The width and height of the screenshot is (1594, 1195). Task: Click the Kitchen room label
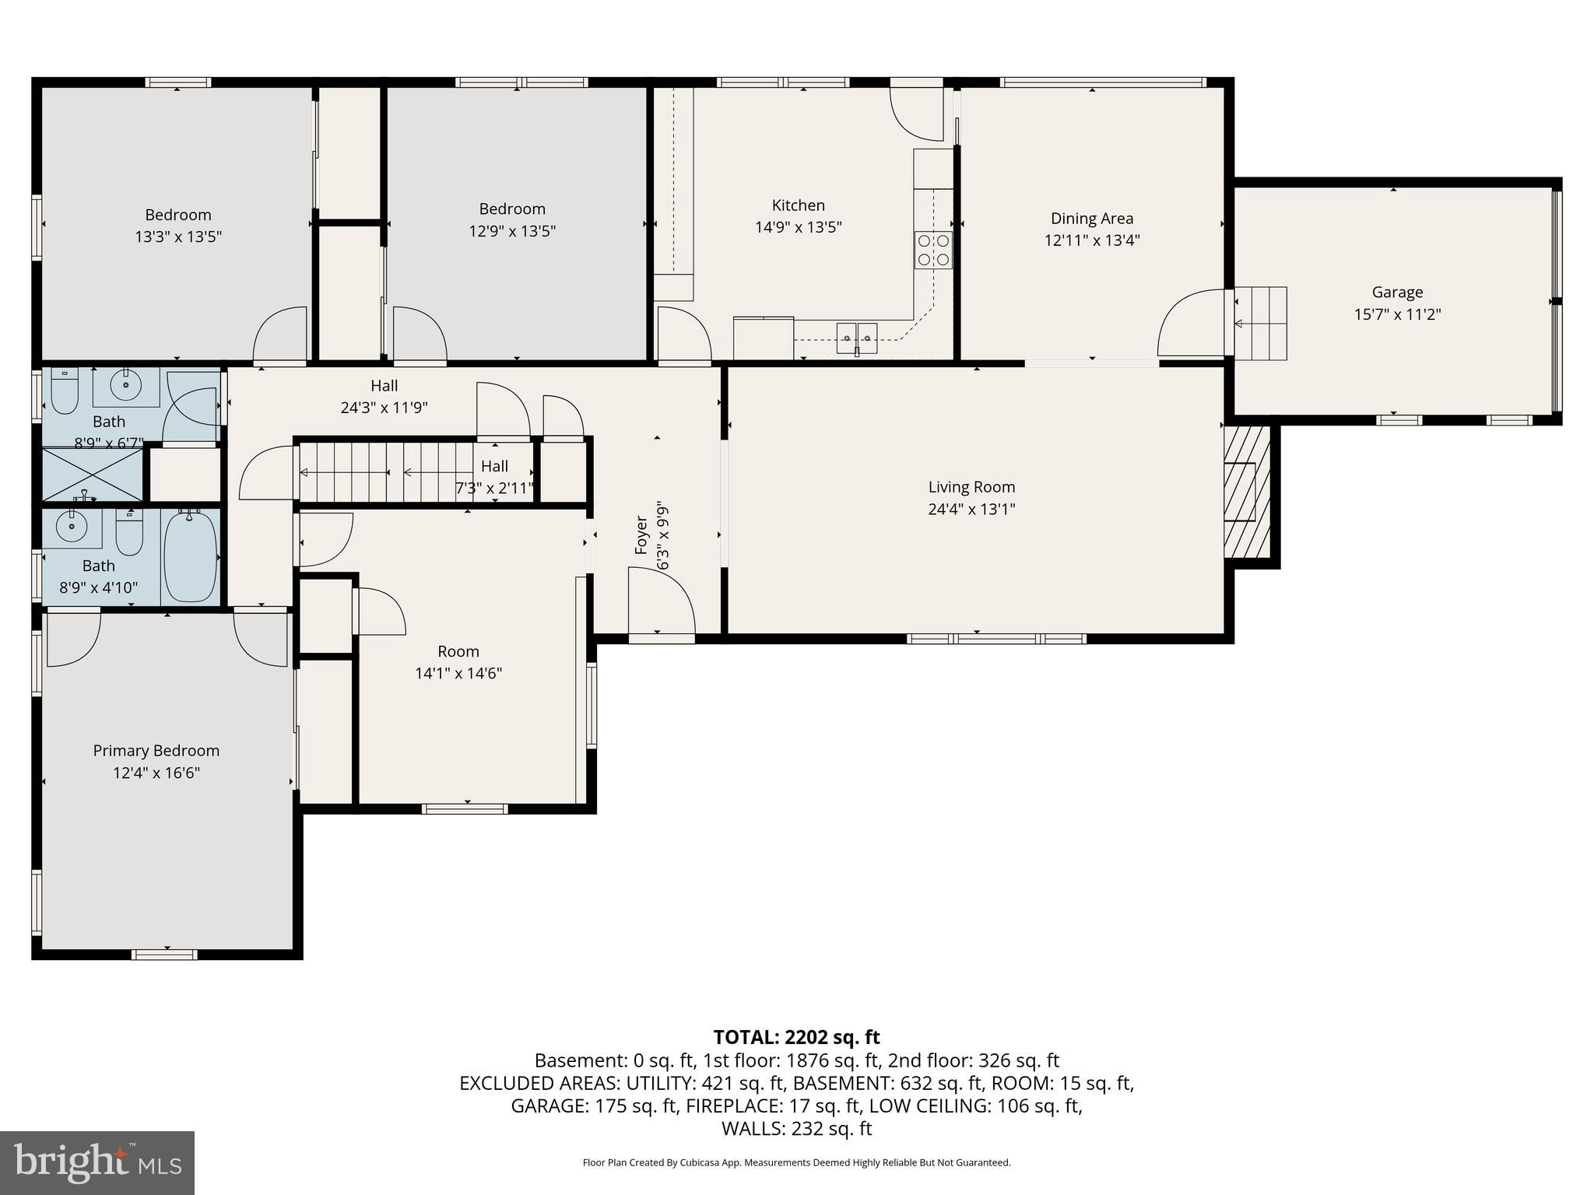pos(798,205)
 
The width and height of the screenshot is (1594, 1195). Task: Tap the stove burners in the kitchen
pos(933,250)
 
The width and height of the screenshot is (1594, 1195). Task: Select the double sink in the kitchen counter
pos(857,337)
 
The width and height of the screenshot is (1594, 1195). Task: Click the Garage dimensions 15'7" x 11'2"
pos(1397,314)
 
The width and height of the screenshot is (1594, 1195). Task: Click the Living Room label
pos(971,487)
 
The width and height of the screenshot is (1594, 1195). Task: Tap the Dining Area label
pos(1091,219)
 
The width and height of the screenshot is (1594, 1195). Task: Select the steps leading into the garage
pos(1260,323)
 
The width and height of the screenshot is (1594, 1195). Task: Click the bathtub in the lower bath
pos(191,555)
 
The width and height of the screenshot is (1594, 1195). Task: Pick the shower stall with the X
pos(93,474)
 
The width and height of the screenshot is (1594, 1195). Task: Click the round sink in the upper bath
pos(125,384)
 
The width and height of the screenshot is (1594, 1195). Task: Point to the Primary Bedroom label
pos(156,751)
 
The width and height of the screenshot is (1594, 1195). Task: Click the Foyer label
pos(641,534)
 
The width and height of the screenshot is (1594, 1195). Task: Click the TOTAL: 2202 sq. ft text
pos(796,1037)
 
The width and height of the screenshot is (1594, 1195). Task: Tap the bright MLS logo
pos(97,1162)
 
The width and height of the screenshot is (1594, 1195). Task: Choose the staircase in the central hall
pos(385,472)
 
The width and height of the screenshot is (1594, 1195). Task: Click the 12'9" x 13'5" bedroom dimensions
pos(512,231)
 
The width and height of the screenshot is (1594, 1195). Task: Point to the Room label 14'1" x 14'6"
pos(458,652)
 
